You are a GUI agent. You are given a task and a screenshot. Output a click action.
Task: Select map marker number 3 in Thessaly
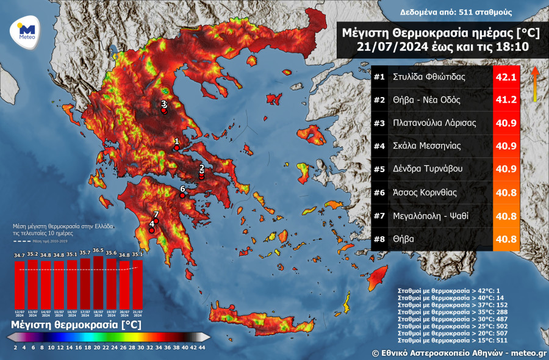coord(163,110)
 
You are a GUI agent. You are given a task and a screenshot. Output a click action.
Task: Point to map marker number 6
coord(182,196)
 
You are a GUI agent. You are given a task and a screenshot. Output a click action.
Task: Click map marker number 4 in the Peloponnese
coord(152,230)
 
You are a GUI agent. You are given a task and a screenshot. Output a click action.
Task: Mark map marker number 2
coord(202,173)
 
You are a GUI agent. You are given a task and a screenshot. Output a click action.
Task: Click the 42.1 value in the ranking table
coord(506,77)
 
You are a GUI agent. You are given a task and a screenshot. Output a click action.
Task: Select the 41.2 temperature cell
coord(506,100)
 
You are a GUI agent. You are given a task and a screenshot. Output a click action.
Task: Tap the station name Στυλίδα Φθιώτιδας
coord(429,77)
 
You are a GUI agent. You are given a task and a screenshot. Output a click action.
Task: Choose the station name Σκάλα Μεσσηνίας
coord(426,146)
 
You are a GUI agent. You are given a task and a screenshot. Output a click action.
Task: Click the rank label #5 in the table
coord(379,170)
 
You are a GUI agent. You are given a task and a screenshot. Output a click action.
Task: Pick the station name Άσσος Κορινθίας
coord(426,193)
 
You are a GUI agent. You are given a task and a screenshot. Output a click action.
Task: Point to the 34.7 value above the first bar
coord(19,255)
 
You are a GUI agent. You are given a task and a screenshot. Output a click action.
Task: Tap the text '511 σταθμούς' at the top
coord(486,12)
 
